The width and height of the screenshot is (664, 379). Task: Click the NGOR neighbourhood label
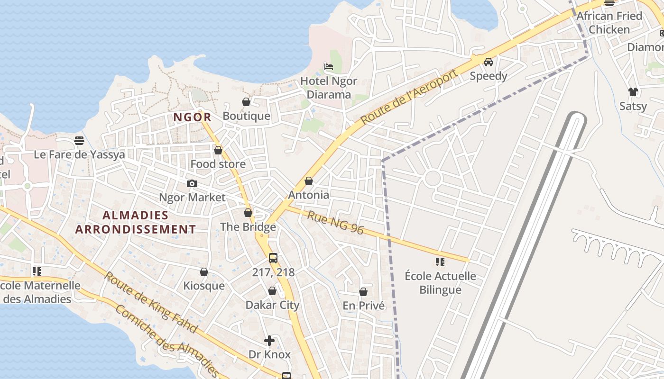click(x=192, y=117)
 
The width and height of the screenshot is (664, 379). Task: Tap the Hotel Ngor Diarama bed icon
click(x=329, y=67)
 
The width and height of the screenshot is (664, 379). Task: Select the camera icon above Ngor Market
click(x=192, y=183)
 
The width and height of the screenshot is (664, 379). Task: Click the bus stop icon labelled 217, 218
click(x=273, y=258)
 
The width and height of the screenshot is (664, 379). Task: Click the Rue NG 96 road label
click(x=335, y=223)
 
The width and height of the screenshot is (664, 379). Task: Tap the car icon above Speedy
click(x=489, y=62)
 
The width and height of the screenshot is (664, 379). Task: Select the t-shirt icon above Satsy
click(x=633, y=92)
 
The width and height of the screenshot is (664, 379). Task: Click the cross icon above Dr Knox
click(x=269, y=340)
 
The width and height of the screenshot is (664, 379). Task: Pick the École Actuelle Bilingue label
click(x=440, y=283)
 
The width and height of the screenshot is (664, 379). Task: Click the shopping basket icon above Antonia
click(x=309, y=181)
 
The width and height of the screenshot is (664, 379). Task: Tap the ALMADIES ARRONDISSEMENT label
click(x=136, y=222)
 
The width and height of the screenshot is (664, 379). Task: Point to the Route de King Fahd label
click(x=150, y=302)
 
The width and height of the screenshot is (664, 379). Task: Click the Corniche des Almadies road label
click(x=168, y=342)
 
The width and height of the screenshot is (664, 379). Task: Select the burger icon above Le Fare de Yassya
click(x=79, y=141)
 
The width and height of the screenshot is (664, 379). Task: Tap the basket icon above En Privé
click(x=363, y=292)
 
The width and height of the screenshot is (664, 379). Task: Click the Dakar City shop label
click(x=272, y=305)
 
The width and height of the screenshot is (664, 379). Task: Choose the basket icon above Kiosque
click(x=204, y=272)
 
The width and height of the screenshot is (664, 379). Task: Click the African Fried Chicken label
click(x=609, y=23)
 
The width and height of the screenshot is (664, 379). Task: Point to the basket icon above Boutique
click(x=246, y=102)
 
